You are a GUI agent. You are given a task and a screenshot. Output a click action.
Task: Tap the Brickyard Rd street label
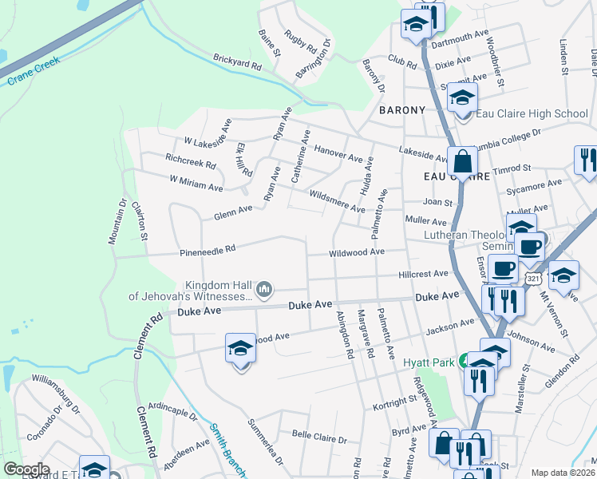coord(237,62)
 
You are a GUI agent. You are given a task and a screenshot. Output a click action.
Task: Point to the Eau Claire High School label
coord(532,114)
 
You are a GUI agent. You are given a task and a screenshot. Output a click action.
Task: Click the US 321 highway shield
coord(532,276)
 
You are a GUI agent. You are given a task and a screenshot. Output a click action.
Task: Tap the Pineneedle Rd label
coord(208,249)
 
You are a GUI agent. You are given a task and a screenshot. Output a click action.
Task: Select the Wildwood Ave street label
coord(358,252)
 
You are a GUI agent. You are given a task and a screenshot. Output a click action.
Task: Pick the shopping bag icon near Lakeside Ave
coord(462,161)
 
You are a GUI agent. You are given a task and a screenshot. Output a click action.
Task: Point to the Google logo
coord(26,469)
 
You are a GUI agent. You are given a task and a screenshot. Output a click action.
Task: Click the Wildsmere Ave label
coord(337,201)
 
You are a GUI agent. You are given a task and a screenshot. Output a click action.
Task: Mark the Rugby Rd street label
coord(301,42)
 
